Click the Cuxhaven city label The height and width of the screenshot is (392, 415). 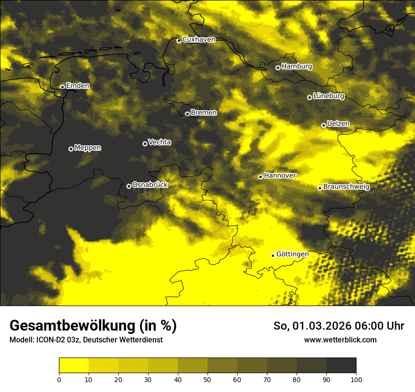199,40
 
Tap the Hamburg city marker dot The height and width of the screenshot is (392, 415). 278,68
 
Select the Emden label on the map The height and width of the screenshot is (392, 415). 77,86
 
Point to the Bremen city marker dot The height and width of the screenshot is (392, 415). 187,114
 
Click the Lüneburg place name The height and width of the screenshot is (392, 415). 328,96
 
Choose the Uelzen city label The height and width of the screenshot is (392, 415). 338,124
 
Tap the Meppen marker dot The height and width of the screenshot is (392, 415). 71,149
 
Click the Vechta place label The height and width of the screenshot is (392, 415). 159,142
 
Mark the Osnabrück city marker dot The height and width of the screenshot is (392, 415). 129,186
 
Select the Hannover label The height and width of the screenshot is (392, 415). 280,176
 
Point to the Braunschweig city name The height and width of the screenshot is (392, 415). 346,187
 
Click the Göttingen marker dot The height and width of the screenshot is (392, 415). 273,256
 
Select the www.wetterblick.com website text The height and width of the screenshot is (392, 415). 340,340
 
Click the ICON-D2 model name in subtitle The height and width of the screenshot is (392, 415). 50,340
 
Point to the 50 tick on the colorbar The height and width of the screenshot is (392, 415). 207,379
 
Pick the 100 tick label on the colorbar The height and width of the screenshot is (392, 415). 356,379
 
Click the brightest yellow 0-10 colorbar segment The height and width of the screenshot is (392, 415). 74,366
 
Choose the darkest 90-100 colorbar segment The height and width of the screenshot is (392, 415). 341,366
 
